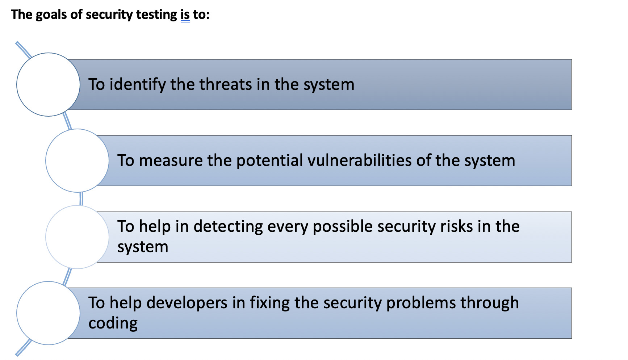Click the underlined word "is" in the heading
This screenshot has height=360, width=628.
[x=185, y=14]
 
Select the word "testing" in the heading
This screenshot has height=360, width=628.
[x=157, y=15]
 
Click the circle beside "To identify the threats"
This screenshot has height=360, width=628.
[x=48, y=84]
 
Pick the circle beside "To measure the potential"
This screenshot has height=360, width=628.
[x=77, y=160]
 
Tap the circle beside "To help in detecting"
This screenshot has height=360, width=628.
[x=77, y=237]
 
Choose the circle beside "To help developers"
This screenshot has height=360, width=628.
[x=48, y=313]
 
